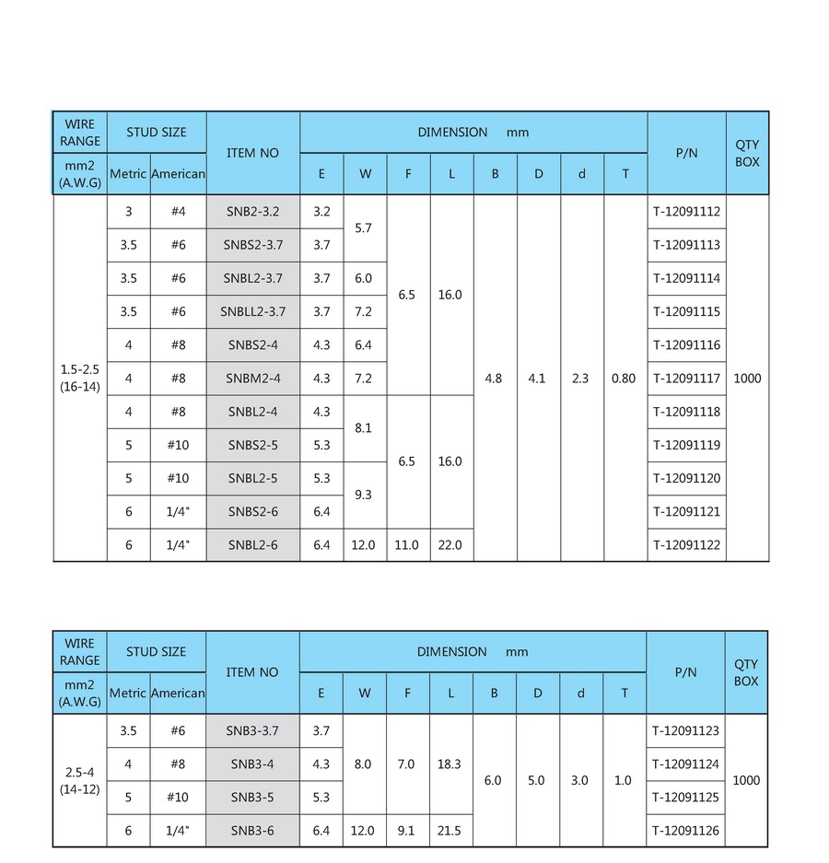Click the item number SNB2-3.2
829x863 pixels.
pos(252,212)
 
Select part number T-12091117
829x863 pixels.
pos(686,379)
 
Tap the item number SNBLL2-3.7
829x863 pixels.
pos(252,311)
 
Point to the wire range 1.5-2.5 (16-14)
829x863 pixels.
pos(79,379)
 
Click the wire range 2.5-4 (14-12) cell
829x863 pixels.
pos(79,781)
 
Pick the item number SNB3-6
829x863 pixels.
pos(252,831)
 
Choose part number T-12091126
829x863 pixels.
pos(685,831)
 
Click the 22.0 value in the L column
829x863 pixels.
pos(450,545)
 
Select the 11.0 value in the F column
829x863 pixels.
pos(406,545)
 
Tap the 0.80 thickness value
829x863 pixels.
pos(624,379)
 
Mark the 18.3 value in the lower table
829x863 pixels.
pos(450,764)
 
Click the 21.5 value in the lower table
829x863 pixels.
pos(450,831)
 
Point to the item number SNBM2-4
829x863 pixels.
pos(252,379)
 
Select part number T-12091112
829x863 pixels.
pos(686,212)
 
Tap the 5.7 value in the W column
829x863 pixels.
pos(363,227)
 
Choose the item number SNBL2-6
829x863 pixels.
pos(252,545)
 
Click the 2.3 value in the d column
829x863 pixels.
pos(580,379)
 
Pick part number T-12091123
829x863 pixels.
pos(685,731)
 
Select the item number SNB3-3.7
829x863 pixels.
pos(252,731)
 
